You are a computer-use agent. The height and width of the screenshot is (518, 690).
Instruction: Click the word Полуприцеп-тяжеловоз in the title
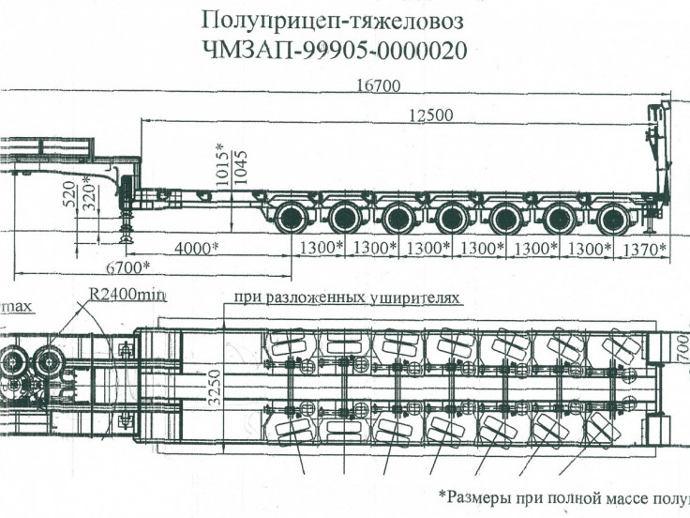click(x=333, y=20)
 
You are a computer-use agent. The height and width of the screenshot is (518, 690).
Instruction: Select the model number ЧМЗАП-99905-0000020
click(x=333, y=50)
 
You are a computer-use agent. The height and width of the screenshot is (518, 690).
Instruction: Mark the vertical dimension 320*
click(x=90, y=196)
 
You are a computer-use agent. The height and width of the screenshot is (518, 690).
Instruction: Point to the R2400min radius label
click(x=127, y=296)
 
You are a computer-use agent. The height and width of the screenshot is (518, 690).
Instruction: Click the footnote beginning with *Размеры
click(x=562, y=495)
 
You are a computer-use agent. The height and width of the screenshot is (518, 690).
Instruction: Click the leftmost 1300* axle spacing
click(x=319, y=249)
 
